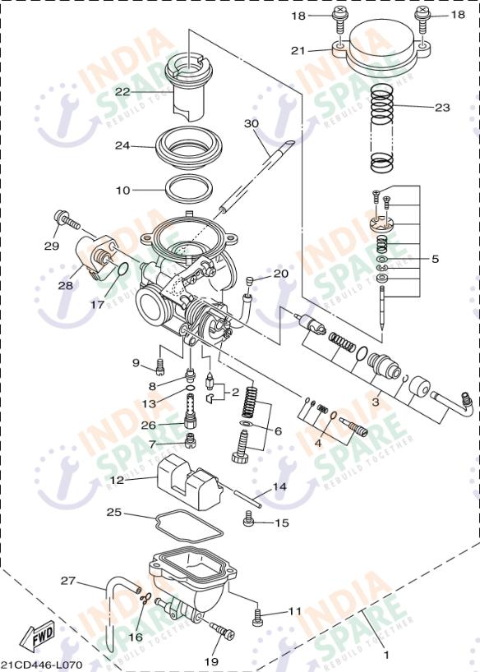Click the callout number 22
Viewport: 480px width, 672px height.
pyautogui.click(x=122, y=92)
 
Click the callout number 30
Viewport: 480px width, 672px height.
pyautogui.click(x=251, y=123)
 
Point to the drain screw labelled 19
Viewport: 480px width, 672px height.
pyautogui.click(x=222, y=631)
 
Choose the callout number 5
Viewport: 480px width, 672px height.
pyautogui.click(x=435, y=259)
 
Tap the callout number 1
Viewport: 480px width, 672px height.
pyautogui.click(x=387, y=656)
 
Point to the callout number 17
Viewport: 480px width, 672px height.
pyautogui.click(x=97, y=304)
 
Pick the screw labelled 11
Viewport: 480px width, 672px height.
pyautogui.click(x=258, y=614)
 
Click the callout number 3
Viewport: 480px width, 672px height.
pyautogui.click(x=375, y=403)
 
